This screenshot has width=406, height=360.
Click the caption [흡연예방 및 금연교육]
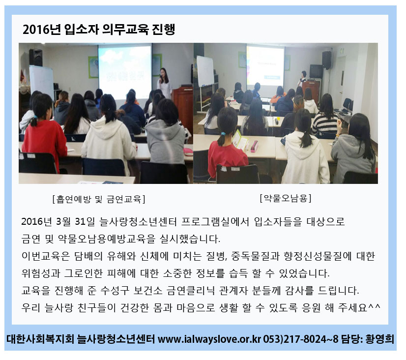tap(99, 199)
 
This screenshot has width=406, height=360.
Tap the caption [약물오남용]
tap(286, 198)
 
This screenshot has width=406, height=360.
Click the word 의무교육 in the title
tap(125, 30)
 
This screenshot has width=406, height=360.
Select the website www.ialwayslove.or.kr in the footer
tap(209, 339)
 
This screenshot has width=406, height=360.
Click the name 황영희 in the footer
tap(379, 339)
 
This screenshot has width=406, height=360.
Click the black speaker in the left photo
tap(36, 57)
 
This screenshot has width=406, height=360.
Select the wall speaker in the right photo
tap(326, 60)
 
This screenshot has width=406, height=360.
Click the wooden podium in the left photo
tap(183, 109)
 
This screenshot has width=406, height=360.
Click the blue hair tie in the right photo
tap(223, 134)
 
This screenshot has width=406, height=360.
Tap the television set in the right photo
tap(316, 71)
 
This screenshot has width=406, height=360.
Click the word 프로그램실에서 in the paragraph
tap(215, 222)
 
